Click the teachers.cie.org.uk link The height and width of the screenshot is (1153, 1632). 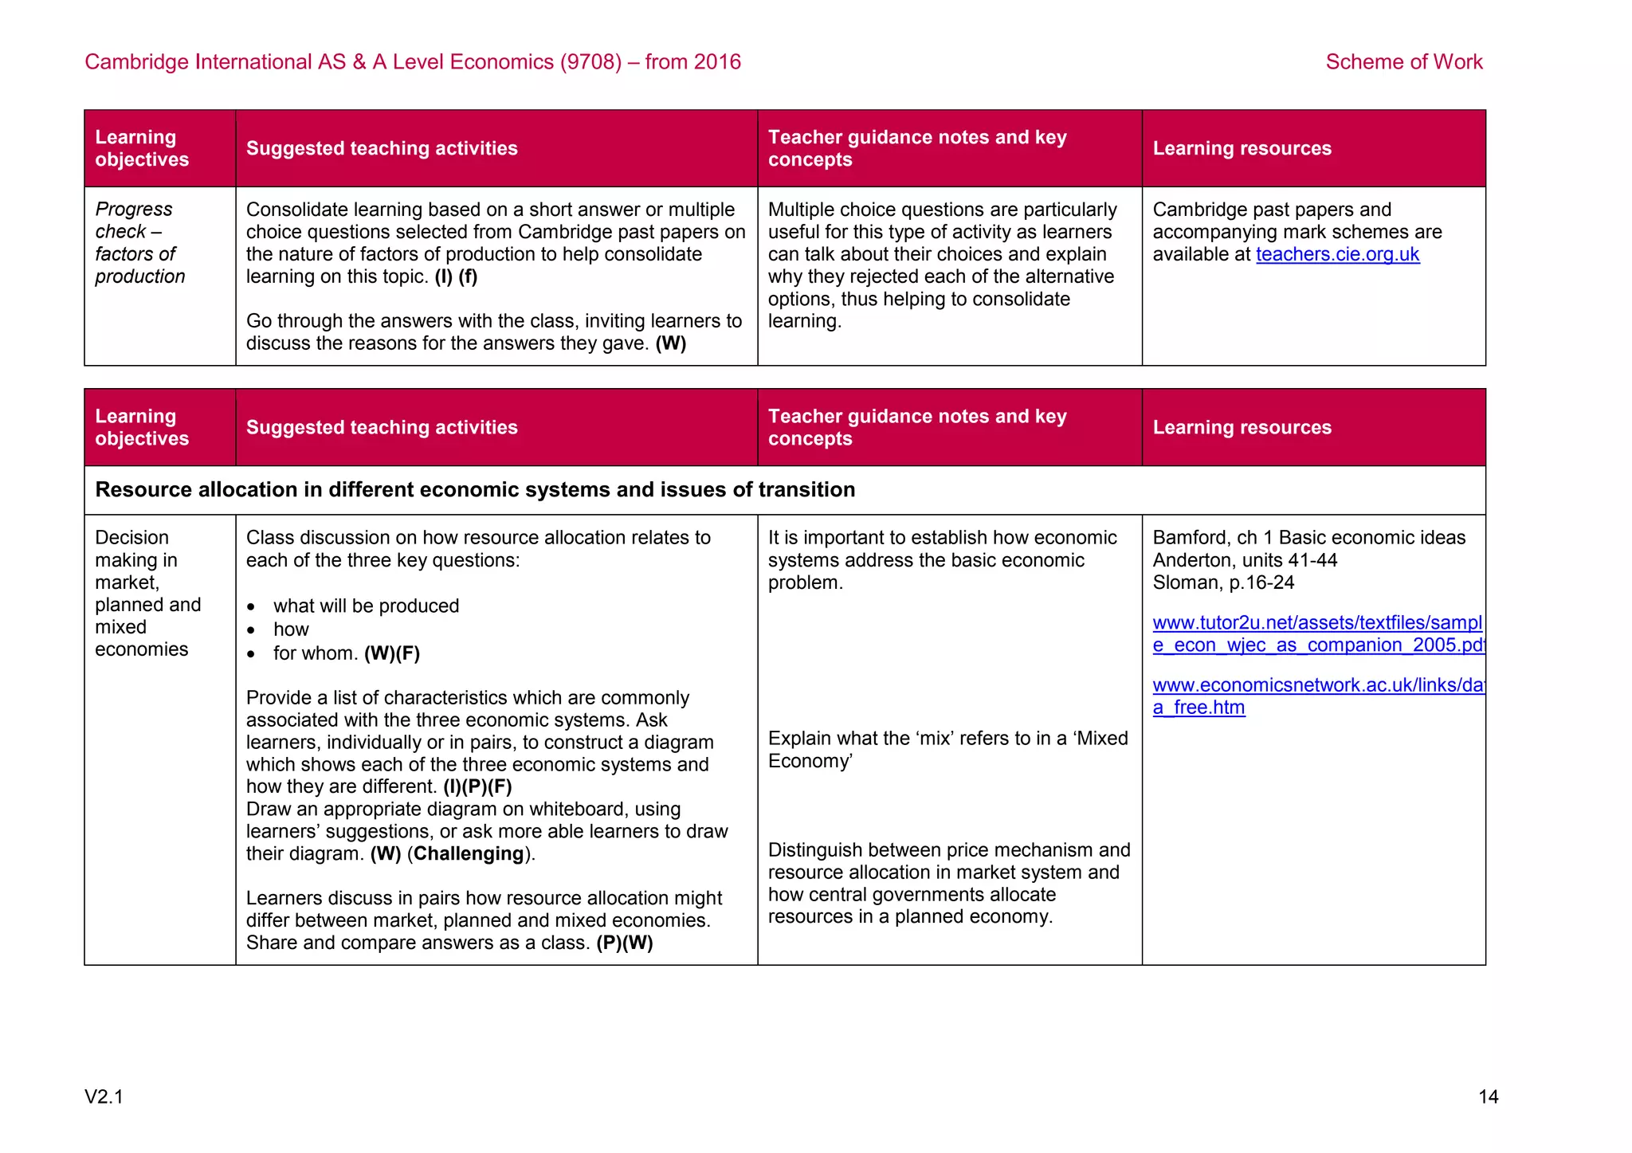click(x=1337, y=254)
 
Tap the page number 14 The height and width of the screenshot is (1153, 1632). click(x=1488, y=1097)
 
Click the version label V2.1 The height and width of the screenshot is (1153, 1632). click(x=104, y=1097)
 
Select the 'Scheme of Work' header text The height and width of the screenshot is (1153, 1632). click(x=1403, y=62)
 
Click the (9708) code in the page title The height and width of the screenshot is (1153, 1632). click(x=590, y=62)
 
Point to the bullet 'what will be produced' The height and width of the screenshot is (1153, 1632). click(x=366, y=606)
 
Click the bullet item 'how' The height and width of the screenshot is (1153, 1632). click(x=291, y=629)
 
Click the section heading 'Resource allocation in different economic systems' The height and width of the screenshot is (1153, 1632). click(x=475, y=490)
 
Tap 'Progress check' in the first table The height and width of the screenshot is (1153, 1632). click(x=133, y=220)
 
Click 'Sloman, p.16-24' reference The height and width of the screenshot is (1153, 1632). click(x=1222, y=582)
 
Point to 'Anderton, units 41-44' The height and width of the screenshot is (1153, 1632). click(x=1244, y=560)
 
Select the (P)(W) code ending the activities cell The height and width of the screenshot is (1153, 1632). click(x=624, y=943)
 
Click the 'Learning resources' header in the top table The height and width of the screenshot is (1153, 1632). click(x=1242, y=149)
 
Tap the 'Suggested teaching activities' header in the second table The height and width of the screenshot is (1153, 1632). click(x=382, y=428)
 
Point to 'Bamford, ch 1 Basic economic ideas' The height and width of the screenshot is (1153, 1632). click(x=1308, y=538)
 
